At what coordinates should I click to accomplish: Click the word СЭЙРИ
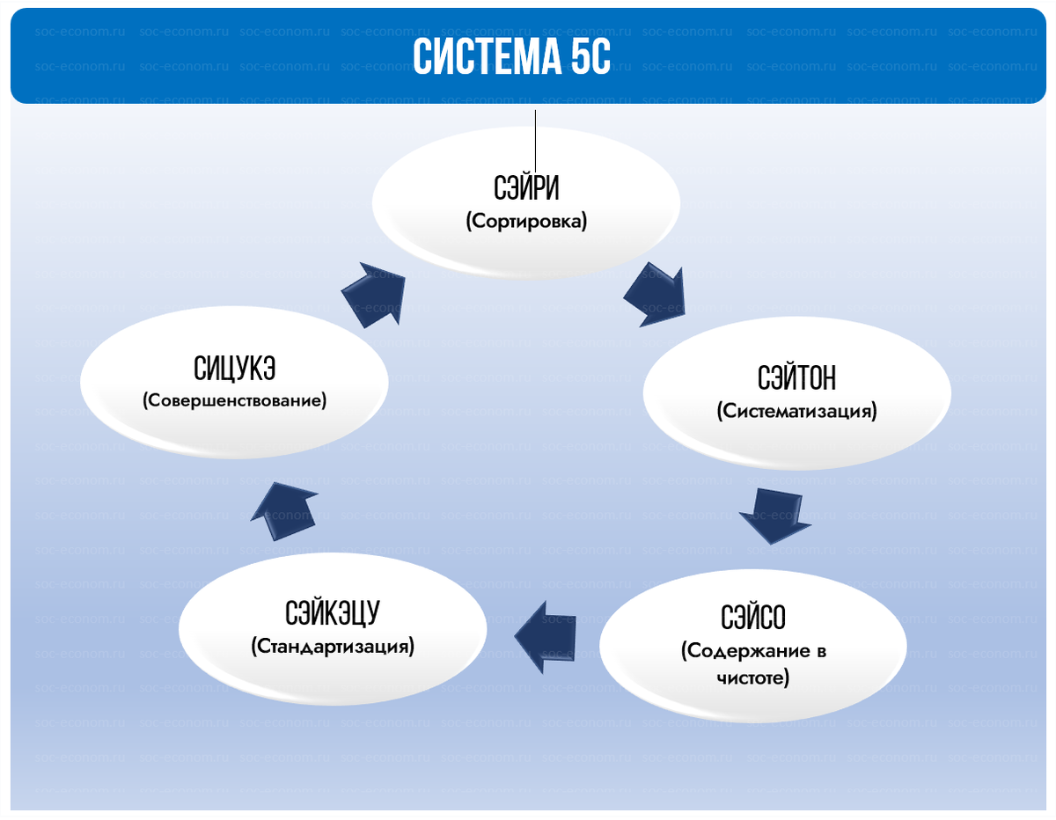(526, 189)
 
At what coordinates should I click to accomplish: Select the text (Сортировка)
(526, 222)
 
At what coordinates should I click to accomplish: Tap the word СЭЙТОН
(796, 378)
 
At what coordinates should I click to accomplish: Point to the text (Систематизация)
(796, 411)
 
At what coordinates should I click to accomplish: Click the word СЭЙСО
(752, 619)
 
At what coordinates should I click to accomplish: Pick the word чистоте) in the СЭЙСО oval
(752, 678)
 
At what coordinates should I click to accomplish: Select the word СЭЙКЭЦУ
(333, 613)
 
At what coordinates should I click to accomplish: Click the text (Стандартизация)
(333, 647)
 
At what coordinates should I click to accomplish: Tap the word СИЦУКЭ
(234, 368)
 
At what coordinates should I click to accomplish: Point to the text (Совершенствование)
(234, 400)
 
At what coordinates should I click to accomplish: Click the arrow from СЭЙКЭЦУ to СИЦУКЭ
(284, 512)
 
